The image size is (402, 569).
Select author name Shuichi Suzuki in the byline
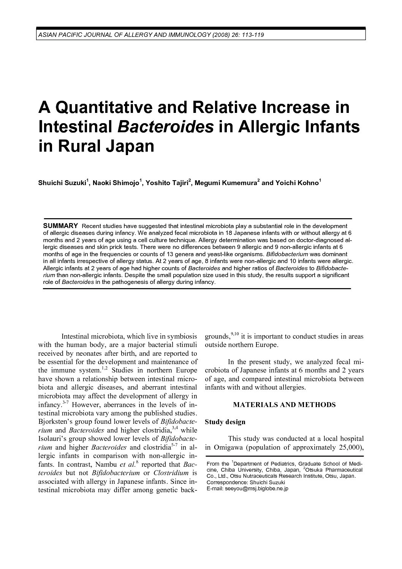click(62, 183)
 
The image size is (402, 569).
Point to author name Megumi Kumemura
click(226, 183)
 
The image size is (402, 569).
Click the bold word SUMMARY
click(61, 226)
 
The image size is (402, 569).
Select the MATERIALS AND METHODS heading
click(284, 405)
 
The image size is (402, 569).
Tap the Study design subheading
click(225, 422)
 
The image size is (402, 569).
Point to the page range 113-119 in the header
click(253, 35)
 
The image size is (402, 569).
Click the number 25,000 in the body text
click(348, 447)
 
